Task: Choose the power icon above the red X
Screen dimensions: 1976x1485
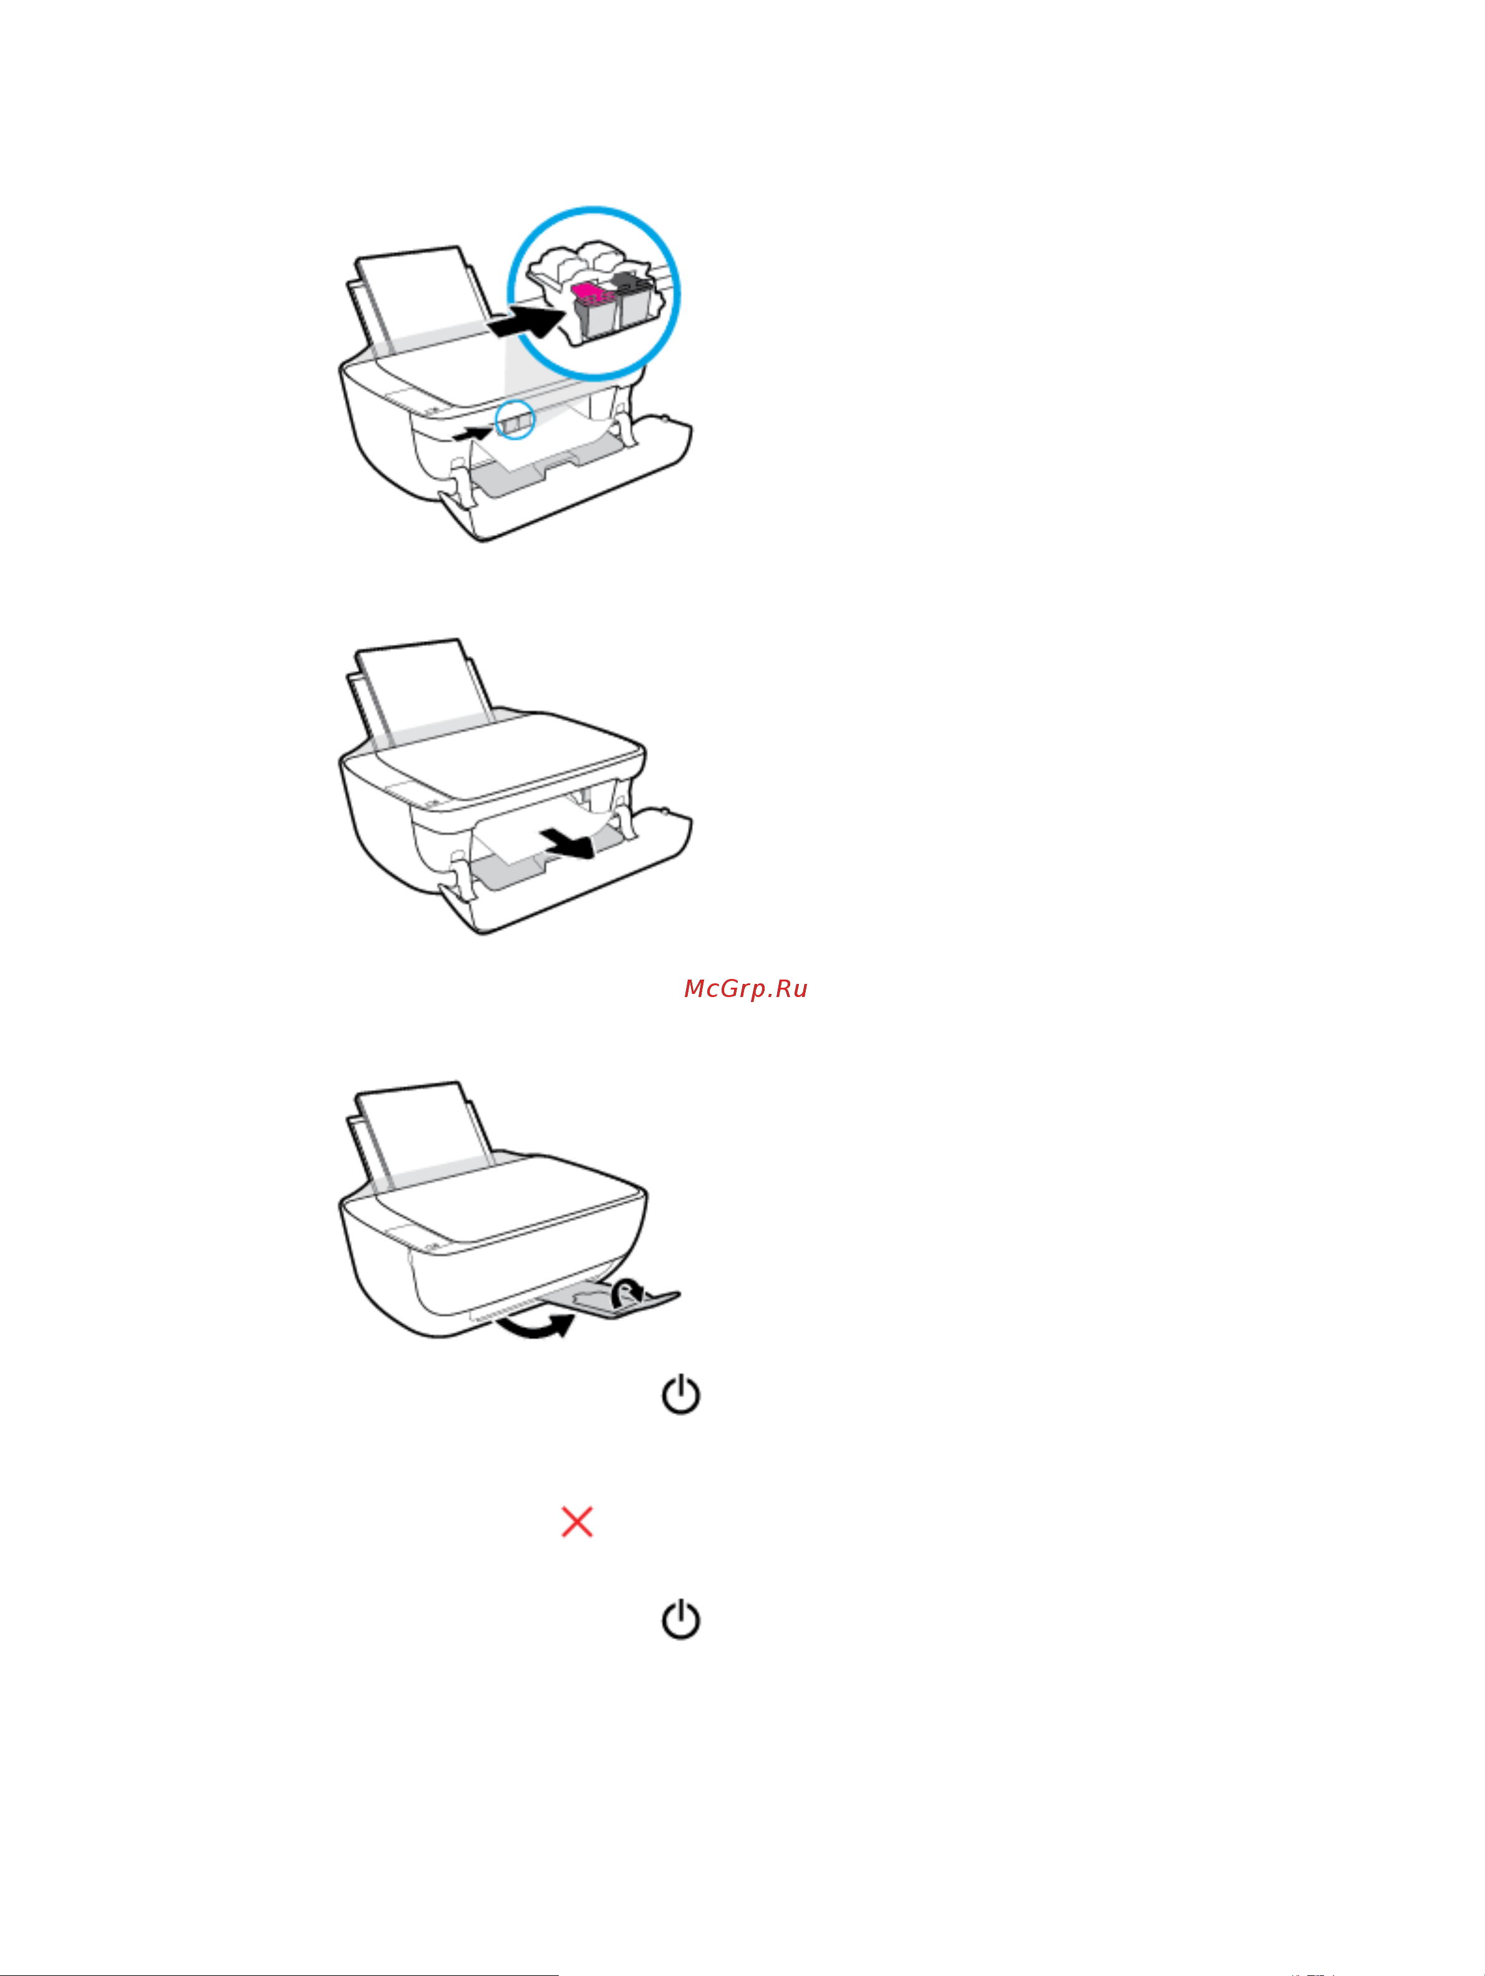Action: (681, 1394)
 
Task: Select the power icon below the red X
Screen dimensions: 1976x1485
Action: (681, 1619)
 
